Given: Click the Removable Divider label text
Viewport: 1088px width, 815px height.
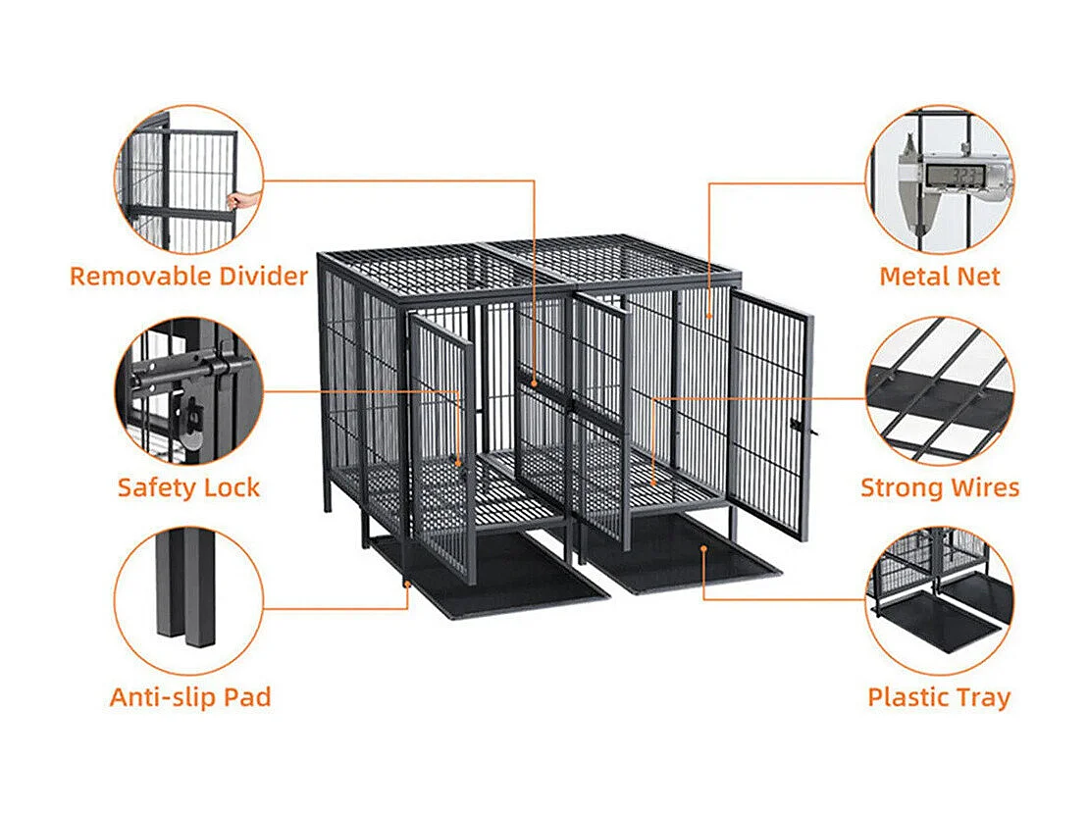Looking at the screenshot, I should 188,276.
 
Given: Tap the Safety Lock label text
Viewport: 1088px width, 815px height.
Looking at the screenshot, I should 188,486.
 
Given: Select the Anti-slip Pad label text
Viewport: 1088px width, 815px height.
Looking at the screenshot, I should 190,697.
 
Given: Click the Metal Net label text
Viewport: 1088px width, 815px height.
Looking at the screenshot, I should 939,276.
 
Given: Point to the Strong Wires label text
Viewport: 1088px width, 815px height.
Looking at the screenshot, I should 939,486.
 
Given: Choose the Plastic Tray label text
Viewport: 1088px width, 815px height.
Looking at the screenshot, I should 939,697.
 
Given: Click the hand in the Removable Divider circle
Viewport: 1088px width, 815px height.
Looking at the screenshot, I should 236,200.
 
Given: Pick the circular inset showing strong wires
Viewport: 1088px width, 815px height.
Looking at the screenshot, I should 939,388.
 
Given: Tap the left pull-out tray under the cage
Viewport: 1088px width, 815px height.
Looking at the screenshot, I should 491,579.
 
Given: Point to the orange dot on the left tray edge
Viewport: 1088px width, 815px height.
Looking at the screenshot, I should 408,586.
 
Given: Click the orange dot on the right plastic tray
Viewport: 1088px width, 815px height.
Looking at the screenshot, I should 703,549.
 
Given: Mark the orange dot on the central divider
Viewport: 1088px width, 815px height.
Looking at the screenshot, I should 534,382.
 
